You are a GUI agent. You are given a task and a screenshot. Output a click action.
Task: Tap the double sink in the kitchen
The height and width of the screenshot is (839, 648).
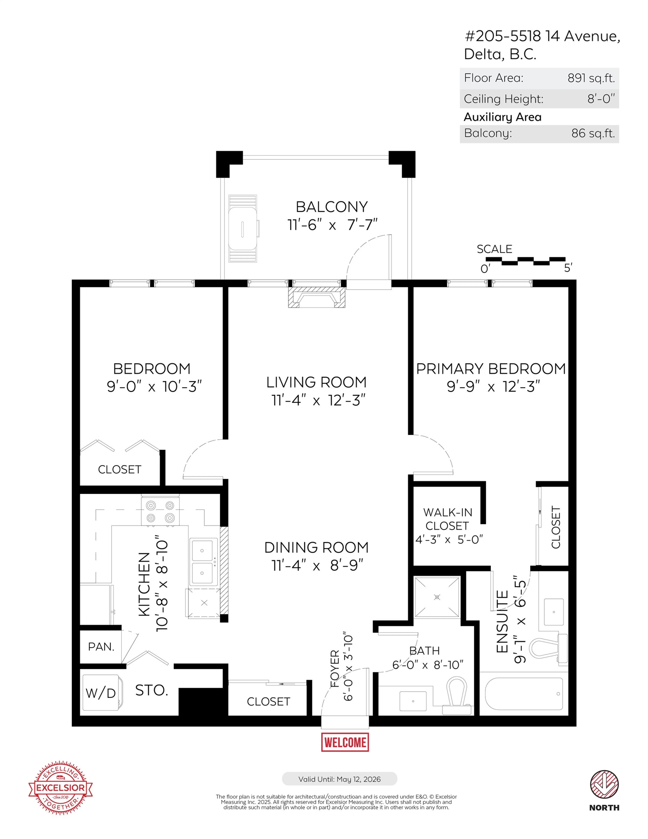(202, 562)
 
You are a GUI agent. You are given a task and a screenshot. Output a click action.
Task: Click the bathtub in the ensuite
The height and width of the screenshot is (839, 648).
(524, 694)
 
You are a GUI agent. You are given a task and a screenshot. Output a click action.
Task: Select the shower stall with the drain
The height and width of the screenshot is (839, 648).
(437, 597)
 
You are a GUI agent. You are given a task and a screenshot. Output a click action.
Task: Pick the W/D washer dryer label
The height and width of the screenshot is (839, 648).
(100, 693)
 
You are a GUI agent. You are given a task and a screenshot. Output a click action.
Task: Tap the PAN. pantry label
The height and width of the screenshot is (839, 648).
(101, 647)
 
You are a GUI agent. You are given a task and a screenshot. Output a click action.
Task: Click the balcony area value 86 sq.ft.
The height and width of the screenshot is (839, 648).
(593, 133)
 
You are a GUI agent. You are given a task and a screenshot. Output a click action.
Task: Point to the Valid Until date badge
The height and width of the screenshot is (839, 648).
(339, 779)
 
